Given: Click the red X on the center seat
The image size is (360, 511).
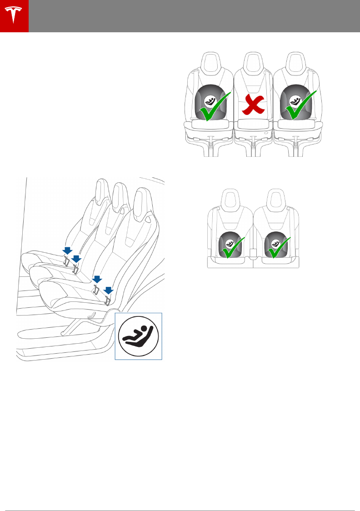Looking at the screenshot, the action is pos(253,105).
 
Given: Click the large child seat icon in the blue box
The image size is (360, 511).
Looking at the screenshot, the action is pos(138,336).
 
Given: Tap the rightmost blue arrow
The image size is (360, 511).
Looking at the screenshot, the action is pos(108,290).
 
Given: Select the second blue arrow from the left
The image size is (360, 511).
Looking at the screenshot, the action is pos(76,259).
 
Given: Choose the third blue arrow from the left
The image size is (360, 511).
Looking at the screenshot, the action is pos(96,279).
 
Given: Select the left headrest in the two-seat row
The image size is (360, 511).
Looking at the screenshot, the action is pos(230,198).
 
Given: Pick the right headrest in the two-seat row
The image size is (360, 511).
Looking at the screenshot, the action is pos(276,198).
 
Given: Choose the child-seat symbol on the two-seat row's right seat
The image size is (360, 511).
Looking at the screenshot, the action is pos(275,244).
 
